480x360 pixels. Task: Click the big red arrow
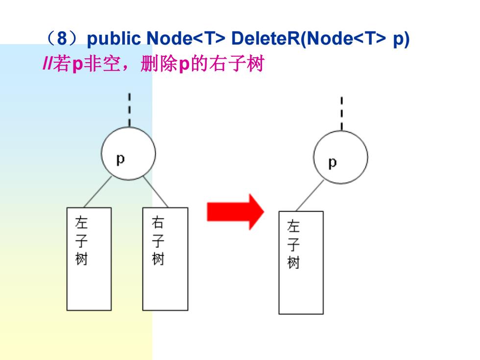point(235,212)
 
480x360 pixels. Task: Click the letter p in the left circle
point(120,160)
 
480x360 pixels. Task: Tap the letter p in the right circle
point(333,163)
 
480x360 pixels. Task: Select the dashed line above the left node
point(129,110)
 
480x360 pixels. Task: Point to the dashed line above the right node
point(342,114)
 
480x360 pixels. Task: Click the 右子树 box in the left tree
point(166,259)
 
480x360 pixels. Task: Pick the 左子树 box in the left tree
point(89,259)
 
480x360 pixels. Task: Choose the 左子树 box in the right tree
point(301,263)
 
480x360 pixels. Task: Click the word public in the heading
point(114,39)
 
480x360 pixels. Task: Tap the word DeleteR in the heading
point(265,38)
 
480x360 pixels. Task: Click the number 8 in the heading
point(62,38)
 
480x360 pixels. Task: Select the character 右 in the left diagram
point(158,222)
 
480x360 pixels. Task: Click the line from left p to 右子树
point(156,192)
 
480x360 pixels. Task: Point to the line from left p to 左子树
point(97,192)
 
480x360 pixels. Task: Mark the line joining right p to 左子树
point(310,195)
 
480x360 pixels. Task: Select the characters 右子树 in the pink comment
point(237,64)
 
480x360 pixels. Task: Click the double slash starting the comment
point(48,64)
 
